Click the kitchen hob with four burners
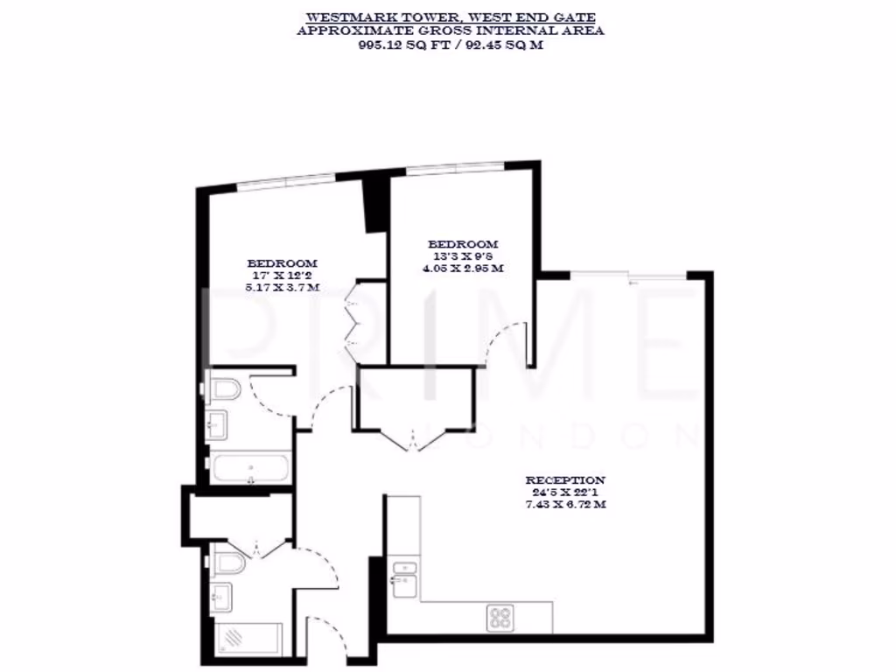(x=501, y=617)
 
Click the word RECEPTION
(x=564, y=480)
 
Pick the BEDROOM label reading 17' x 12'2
(x=282, y=262)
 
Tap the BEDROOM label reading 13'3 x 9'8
(x=462, y=244)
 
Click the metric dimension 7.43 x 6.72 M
(x=565, y=506)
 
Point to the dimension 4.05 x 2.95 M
(x=462, y=269)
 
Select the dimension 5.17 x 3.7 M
(x=282, y=287)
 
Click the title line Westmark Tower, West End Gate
(x=450, y=17)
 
